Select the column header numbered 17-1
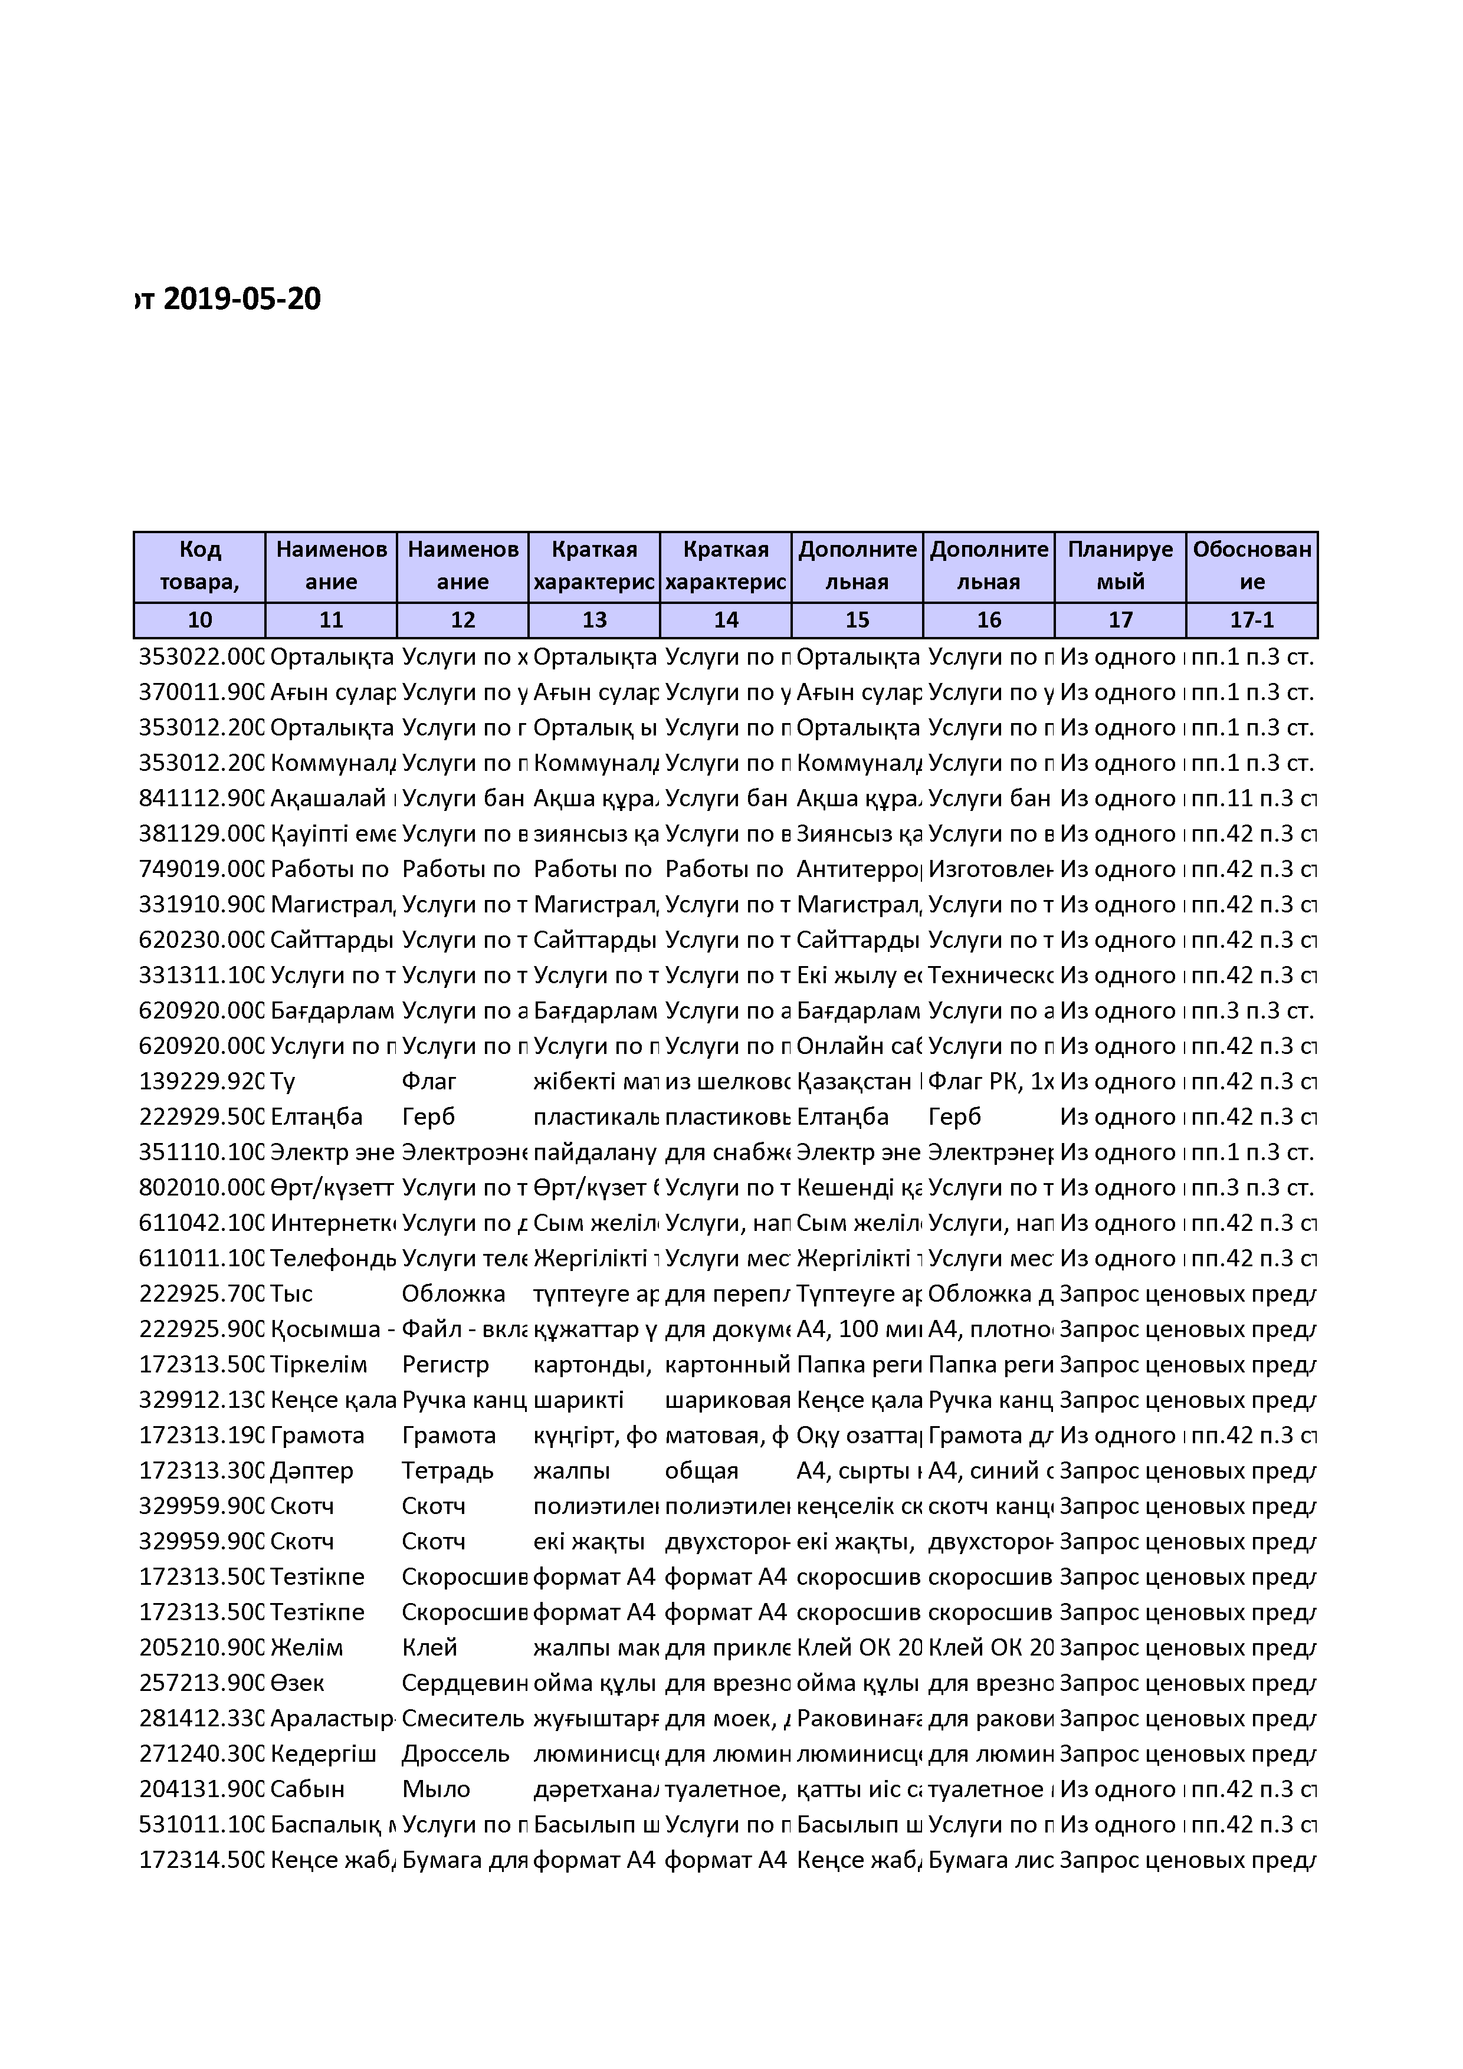[x=1251, y=620]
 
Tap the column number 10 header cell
[x=199, y=620]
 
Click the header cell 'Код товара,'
[x=199, y=566]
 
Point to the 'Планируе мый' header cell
[x=1120, y=566]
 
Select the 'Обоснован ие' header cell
[x=1251, y=566]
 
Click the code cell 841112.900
[x=200, y=799]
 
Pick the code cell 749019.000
[x=200, y=869]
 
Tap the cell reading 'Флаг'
[x=429, y=1081]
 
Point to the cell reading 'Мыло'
[x=435, y=1789]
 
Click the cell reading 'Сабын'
[x=307, y=1789]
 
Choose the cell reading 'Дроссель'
[x=455, y=1753]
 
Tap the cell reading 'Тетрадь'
[x=447, y=1470]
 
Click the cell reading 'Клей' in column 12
[x=429, y=1647]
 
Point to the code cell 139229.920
[x=200, y=1081]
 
